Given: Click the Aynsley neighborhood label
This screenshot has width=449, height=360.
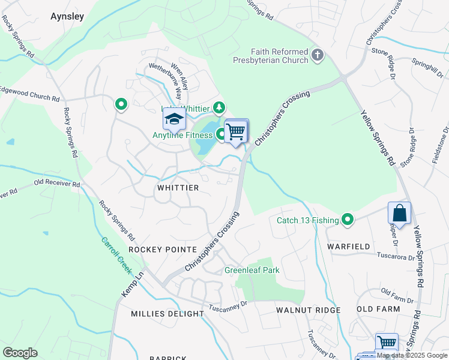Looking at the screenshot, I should point(67,16).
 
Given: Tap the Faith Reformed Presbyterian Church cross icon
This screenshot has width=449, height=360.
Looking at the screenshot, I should point(318,56).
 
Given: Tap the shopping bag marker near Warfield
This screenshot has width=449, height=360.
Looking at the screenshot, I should point(399,213).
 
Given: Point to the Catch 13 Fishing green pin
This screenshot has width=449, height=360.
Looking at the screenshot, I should point(348,220).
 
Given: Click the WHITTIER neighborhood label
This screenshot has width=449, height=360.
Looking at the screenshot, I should point(178,188).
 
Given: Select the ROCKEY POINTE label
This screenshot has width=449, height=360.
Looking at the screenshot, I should point(163,249).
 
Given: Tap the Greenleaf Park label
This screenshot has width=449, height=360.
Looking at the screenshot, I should point(252,270).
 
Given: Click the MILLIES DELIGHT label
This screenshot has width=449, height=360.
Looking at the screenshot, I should point(167,314).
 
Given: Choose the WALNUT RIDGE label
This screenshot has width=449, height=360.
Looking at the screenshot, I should point(308,310).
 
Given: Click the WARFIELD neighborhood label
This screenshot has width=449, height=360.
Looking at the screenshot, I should point(346,247).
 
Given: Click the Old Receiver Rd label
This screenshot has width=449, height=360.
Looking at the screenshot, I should point(57,183).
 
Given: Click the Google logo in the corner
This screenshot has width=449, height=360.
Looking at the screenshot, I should point(20,352).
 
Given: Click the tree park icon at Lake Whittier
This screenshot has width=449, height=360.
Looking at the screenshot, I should point(220,107).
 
